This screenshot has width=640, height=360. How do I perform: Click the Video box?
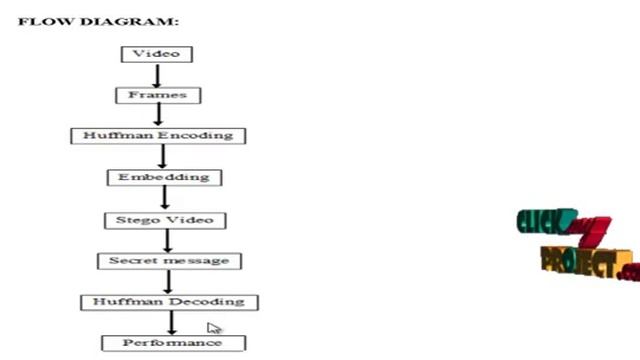(x=156, y=54)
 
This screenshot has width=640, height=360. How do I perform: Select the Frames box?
(x=158, y=96)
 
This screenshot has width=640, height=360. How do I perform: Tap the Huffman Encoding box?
(x=158, y=135)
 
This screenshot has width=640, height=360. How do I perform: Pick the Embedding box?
(x=163, y=177)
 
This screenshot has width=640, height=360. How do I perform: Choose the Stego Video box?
(x=165, y=219)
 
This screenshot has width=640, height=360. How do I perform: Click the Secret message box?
(x=169, y=261)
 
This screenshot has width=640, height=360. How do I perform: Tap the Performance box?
(x=172, y=343)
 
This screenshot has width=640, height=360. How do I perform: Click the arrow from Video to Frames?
(x=156, y=75)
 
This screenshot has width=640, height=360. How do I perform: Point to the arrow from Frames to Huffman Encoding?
(x=158, y=115)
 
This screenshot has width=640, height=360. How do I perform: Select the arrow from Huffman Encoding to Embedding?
(x=163, y=156)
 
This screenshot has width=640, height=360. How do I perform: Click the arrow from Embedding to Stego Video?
(x=164, y=198)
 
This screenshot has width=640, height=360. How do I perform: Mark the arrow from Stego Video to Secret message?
(x=168, y=240)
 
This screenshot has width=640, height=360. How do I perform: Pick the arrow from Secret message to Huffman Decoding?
(x=169, y=281)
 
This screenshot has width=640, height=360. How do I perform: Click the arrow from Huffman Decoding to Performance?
(x=172, y=322)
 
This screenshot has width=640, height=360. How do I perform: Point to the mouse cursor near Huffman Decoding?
(x=214, y=328)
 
